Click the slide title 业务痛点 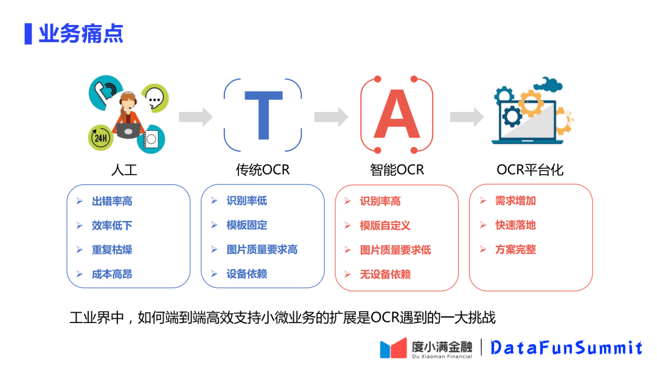81,33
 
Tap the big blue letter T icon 263,115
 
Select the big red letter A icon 397,115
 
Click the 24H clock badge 100,138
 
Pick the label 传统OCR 263,170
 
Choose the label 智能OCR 397,170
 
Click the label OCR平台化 530,170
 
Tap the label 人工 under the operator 124,170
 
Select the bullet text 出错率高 112,201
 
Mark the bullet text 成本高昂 112,274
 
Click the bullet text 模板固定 246,225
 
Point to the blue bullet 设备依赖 246,274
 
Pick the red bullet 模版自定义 385,226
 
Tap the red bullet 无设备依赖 385,274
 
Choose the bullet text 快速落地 515,225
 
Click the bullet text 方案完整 515,250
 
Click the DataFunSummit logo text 566,347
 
